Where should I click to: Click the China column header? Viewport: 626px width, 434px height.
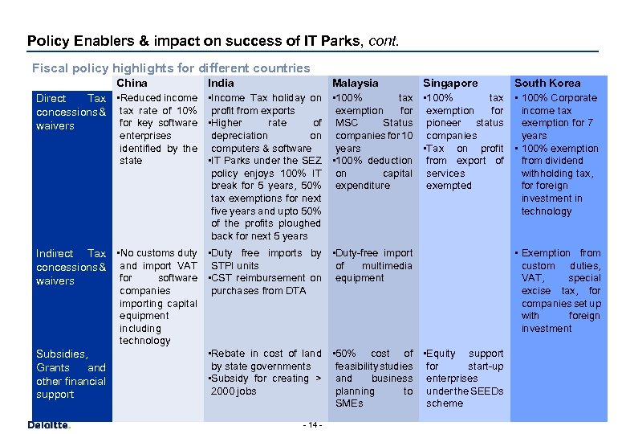point(132,83)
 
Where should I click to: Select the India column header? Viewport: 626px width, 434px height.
point(221,83)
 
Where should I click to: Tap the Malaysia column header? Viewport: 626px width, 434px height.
point(355,83)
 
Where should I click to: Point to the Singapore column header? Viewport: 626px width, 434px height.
point(450,83)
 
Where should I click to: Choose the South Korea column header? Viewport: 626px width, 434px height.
point(547,83)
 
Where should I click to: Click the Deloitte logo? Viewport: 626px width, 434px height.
point(49,424)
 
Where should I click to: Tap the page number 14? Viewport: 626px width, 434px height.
point(313,424)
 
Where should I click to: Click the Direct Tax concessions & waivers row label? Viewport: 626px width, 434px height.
point(71,112)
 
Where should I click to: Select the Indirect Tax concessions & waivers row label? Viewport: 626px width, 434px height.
point(71,267)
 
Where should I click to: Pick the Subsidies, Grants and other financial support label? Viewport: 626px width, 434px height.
point(71,374)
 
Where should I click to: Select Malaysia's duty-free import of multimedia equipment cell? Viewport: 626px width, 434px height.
point(372,265)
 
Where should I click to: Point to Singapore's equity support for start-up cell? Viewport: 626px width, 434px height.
point(464,378)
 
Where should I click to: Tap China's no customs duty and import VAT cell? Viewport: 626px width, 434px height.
point(157,297)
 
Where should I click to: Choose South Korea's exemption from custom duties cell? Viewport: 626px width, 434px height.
point(560,290)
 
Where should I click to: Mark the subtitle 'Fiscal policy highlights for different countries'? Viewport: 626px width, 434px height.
point(170,68)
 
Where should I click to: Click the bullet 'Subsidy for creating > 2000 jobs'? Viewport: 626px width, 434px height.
point(265,385)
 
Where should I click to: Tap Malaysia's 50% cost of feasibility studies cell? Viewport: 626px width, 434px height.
point(372,378)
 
